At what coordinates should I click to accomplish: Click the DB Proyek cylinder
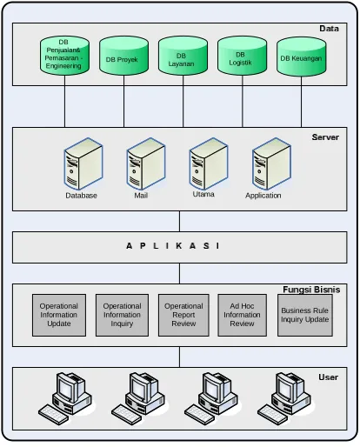(x=123, y=56)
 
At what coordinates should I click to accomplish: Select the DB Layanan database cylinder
(x=183, y=56)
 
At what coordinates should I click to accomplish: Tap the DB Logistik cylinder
(x=242, y=56)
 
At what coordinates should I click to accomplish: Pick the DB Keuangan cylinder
(x=301, y=57)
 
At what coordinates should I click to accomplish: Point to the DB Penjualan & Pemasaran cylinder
(x=64, y=56)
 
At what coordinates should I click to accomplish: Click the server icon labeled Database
(x=83, y=163)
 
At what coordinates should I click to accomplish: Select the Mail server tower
(x=146, y=163)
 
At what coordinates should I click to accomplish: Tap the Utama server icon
(x=209, y=163)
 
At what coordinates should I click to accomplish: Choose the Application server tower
(x=271, y=163)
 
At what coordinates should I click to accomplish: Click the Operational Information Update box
(x=59, y=315)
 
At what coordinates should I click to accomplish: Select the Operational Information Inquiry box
(x=122, y=315)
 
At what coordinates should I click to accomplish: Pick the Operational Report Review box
(x=183, y=315)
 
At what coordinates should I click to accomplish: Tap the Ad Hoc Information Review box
(x=243, y=315)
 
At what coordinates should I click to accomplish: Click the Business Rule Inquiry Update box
(x=305, y=315)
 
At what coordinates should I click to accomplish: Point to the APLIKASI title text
(x=173, y=246)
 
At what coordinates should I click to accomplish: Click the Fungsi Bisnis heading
(x=311, y=290)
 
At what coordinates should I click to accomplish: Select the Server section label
(x=325, y=137)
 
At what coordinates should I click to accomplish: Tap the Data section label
(x=329, y=29)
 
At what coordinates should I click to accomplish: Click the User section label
(x=329, y=377)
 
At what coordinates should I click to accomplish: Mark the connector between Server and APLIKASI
(x=179, y=221)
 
